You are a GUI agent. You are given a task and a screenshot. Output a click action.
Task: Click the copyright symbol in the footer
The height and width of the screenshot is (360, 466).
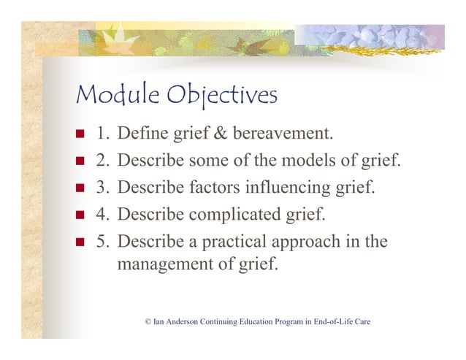point(148,322)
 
